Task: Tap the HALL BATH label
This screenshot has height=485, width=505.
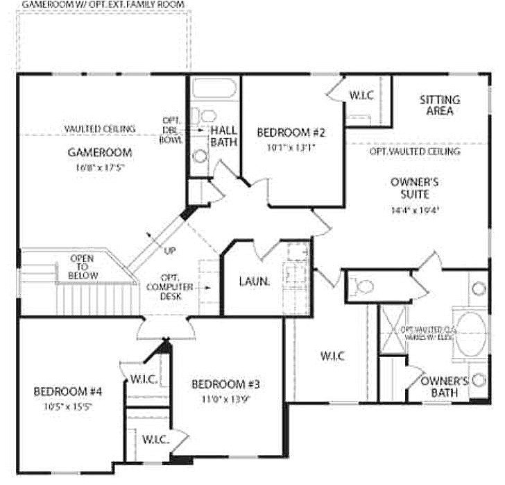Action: pyautogui.click(x=224, y=136)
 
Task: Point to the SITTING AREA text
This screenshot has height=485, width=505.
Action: pyautogui.click(x=439, y=105)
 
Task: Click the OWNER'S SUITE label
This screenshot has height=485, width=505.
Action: pyautogui.click(x=415, y=188)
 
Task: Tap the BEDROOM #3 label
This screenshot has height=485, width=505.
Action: pyautogui.click(x=226, y=384)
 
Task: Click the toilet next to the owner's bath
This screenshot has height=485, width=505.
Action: pyautogui.click(x=361, y=286)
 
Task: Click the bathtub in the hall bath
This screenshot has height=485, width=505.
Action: pyautogui.click(x=214, y=88)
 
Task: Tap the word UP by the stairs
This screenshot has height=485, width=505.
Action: pyautogui.click(x=170, y=250)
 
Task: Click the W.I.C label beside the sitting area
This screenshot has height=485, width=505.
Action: pyautogui.click(x=361, y=94)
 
